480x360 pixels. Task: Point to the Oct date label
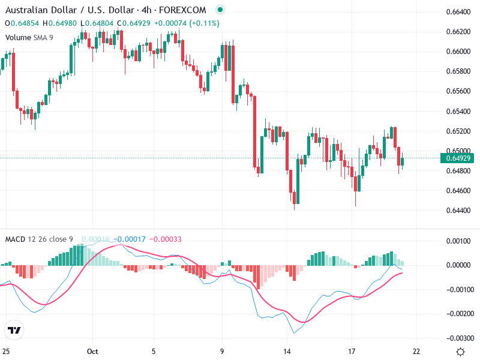pos(92,352)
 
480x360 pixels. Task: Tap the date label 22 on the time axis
pos(416,352)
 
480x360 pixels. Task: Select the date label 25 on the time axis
pos(5,352)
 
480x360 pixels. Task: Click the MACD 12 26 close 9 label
pos(39,239)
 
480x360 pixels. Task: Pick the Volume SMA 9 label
pos(29,37)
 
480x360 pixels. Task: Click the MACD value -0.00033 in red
pos(165,239)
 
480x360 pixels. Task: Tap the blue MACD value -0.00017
pos(131,239)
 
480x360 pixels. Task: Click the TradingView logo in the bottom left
pos(14,330)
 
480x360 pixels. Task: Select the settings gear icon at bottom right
pos(460,352)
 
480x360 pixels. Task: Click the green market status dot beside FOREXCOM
pos(220,10)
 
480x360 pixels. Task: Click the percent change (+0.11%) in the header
pos(206,23)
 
